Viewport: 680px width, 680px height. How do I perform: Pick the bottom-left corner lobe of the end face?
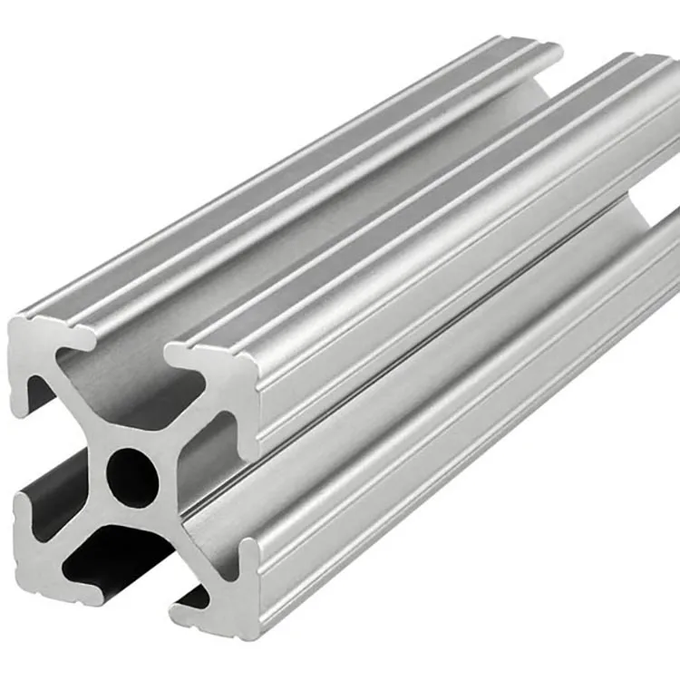point(36,562)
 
